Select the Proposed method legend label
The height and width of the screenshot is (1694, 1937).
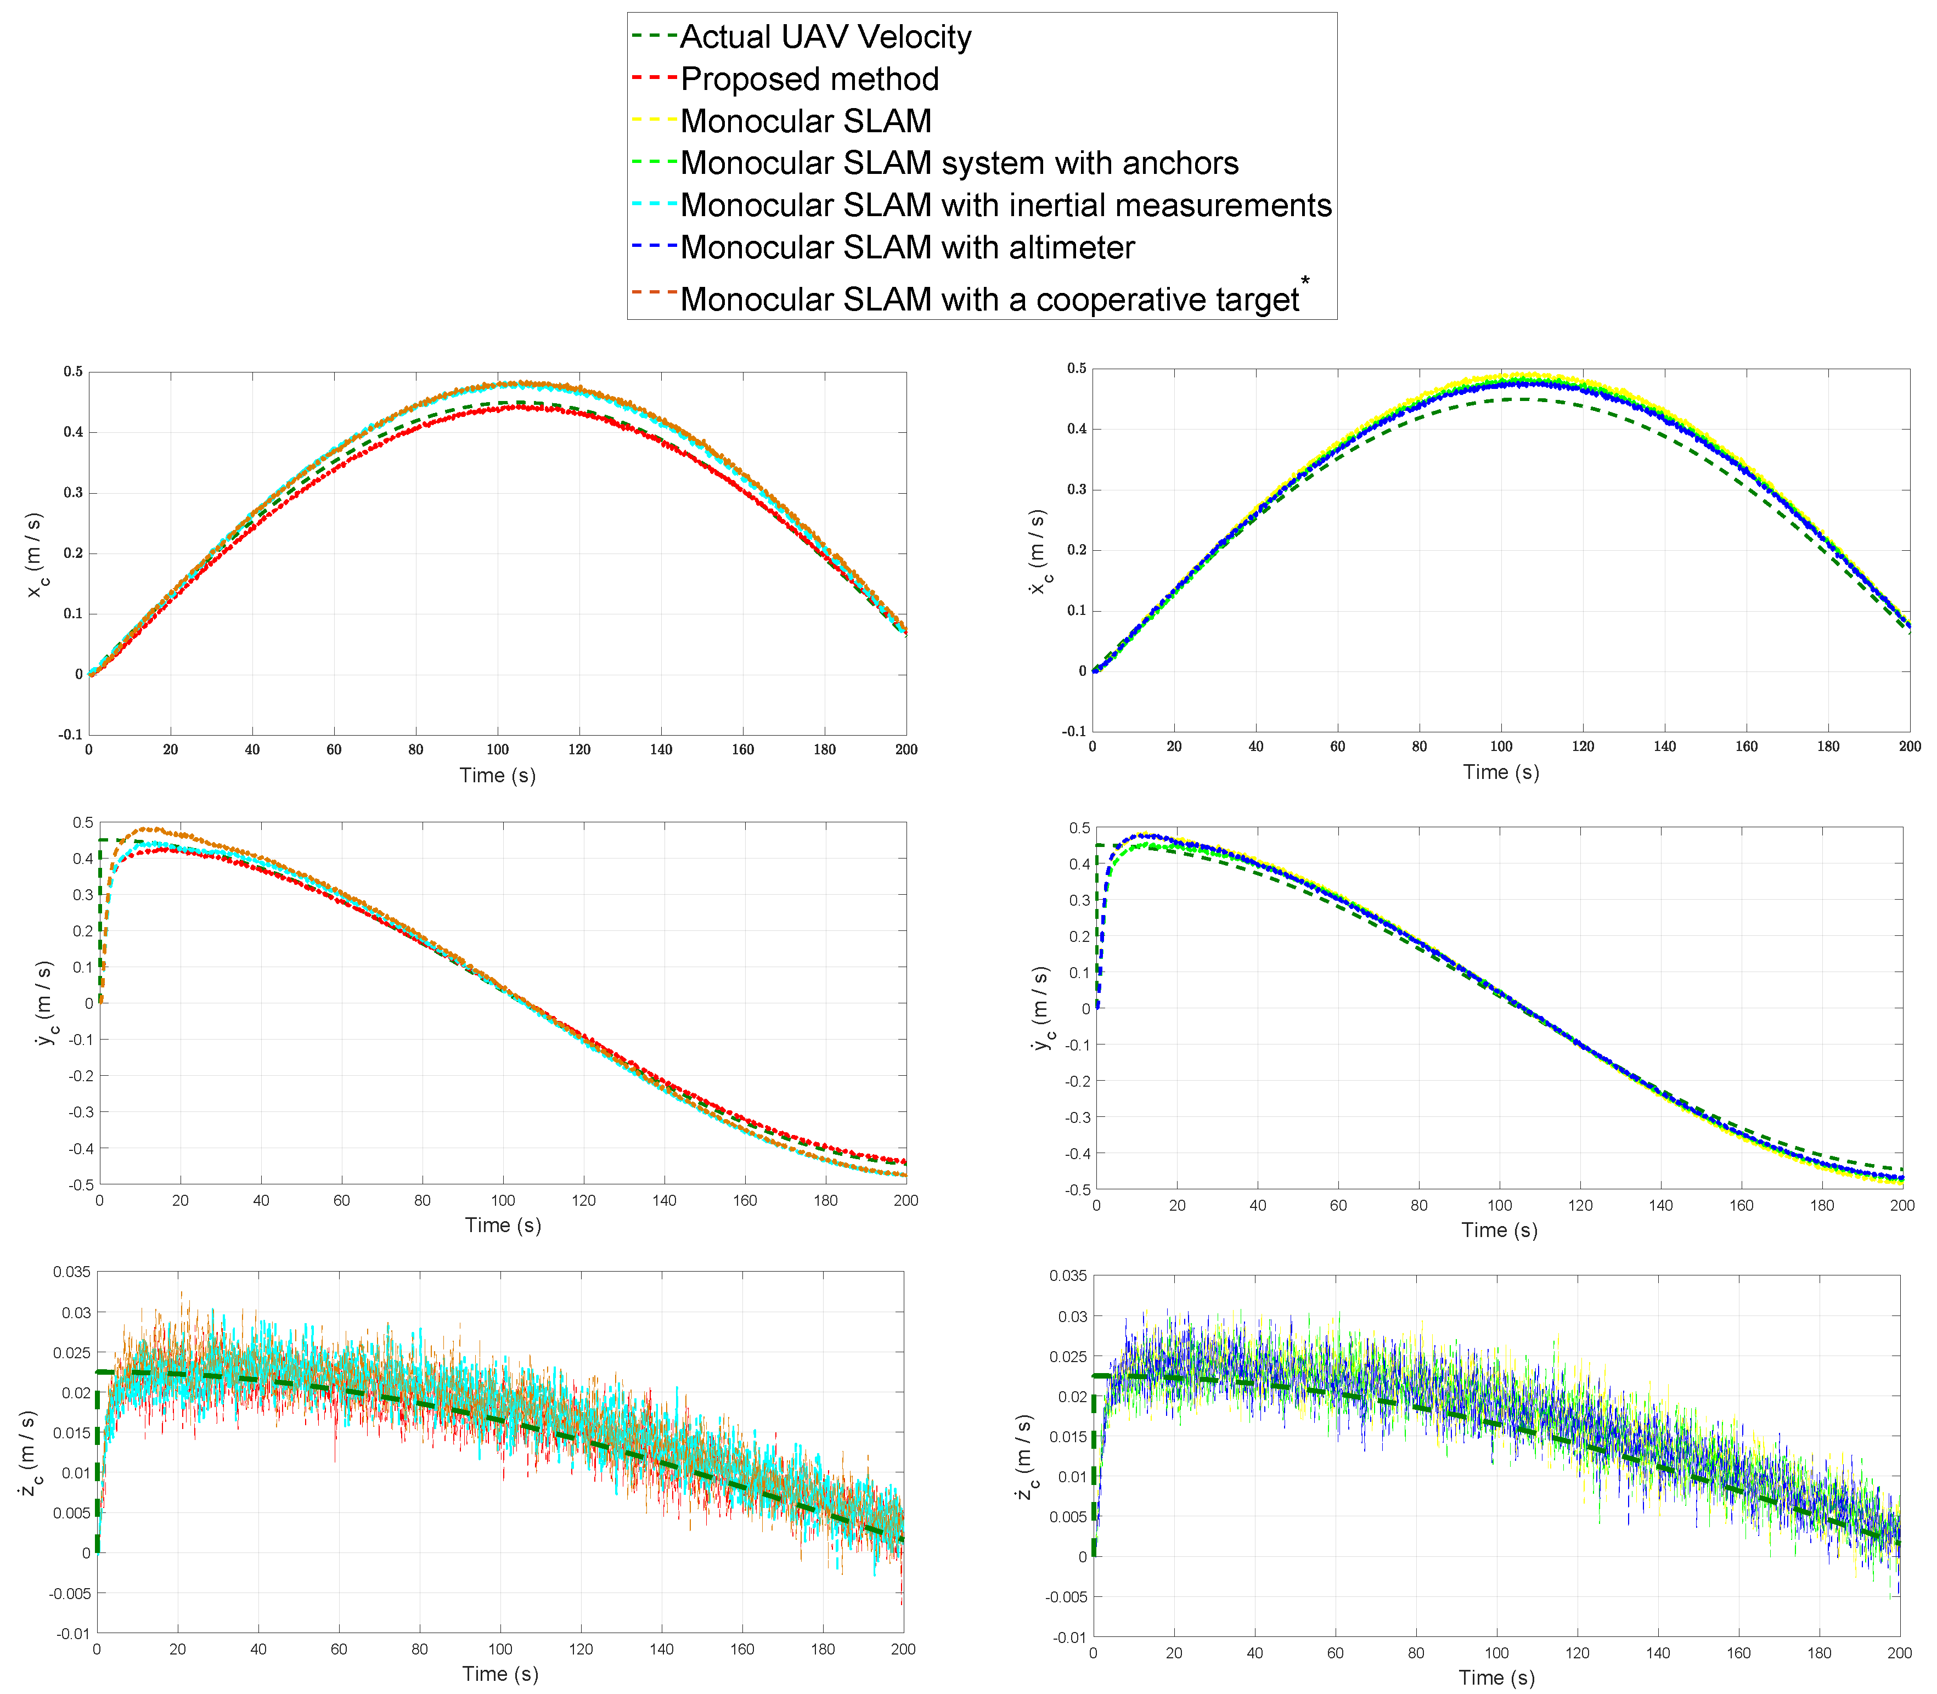tap(809, 80)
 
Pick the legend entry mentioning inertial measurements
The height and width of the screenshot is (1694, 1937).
tap(1005, 205)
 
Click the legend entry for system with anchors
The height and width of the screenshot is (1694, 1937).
tap(959, 163)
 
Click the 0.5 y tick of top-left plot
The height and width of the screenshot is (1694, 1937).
tap(73, 371)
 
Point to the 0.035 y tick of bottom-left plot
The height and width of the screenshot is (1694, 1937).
tap(72, 1272)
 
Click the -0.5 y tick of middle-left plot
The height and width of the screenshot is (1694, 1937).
tap(81, 1184)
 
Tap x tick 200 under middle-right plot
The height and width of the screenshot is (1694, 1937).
tap(1902, 1205)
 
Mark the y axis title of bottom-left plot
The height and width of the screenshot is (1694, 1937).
tap(29, 1454)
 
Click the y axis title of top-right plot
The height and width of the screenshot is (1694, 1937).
tap(1038, 552)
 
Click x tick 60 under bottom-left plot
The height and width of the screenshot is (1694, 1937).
tap(339, 1650)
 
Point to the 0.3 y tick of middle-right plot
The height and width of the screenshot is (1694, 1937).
tap(1079, 900)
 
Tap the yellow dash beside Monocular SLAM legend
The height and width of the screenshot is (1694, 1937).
tap(654, 121)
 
